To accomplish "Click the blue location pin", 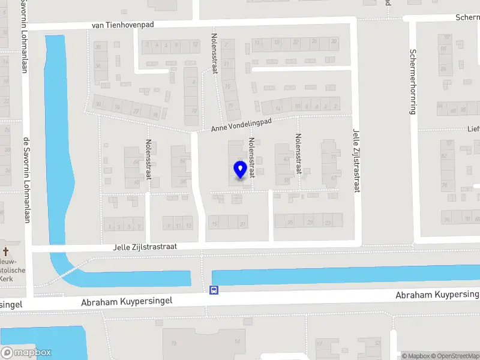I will tap(240, 170).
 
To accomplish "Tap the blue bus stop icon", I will tap(214, 290).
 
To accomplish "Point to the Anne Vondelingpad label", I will tap(241, 125).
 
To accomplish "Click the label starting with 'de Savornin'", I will tap(25, 180).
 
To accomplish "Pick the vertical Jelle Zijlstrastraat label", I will tap(356, 161).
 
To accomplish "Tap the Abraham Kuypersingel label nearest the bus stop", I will tap(127, 302).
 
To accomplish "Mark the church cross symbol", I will tap(6, 251).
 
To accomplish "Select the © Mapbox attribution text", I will tap(416, 356).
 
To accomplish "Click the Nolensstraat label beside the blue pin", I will tap(253, 159).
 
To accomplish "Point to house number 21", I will tap(243, 224).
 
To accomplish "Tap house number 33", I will tap(328, 223).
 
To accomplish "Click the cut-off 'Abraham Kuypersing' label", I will tap(437, 295).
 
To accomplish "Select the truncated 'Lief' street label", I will tap(474, 128).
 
